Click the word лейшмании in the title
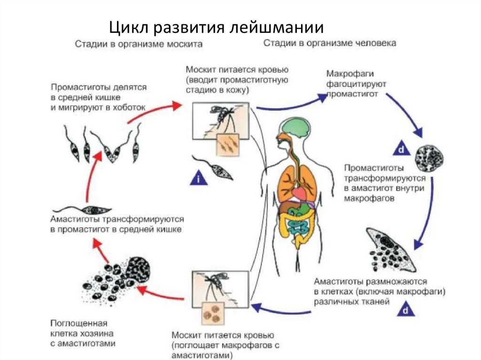click(x=277, y=27)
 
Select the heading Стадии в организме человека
click(x=329, y=43)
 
